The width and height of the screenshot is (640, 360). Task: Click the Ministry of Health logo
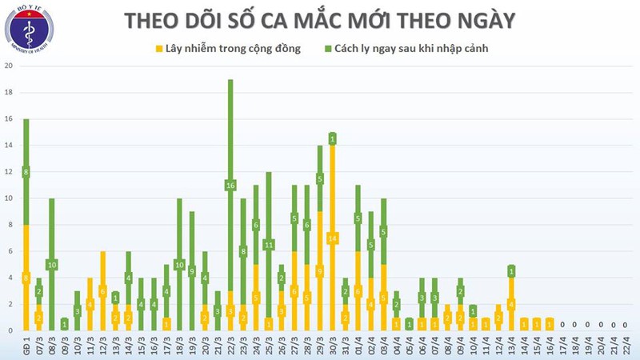coord(29,32)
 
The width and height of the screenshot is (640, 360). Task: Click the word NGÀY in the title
coord(483,20)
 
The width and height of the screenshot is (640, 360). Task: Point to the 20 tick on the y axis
coord(9,66)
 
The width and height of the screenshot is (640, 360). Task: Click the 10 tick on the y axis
coord(9,198)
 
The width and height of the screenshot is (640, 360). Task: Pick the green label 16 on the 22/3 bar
coord(230,186)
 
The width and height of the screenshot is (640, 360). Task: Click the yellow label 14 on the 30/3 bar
coord(332,238)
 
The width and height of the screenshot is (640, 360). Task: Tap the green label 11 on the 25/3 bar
coord(269,245)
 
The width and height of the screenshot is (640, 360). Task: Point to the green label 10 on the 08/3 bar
coord(51,265)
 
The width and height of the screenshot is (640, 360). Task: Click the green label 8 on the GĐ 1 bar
coord(26,172)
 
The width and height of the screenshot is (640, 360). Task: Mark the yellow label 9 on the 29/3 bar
coord(319,271)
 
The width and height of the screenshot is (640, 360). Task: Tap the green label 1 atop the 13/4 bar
coord(511,271)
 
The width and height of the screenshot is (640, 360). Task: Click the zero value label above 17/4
coord(562,325)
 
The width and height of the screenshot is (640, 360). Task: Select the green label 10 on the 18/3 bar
coord(179,265)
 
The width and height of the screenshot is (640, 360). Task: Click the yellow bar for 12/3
coord(102,291)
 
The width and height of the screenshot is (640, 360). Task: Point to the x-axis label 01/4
coord(357,347)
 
